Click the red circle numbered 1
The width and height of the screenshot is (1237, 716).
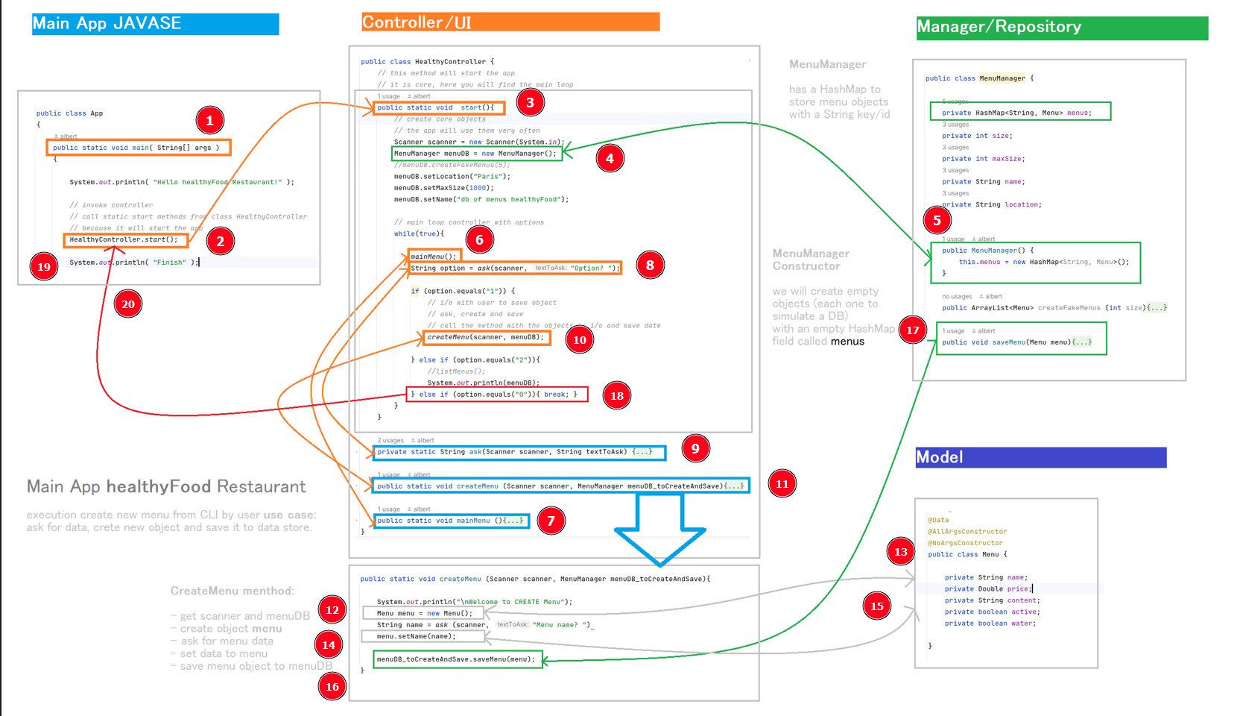tap(210, 120)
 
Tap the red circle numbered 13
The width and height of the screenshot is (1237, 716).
tap(901, 552)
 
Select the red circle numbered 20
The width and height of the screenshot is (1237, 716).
tap(128, 304)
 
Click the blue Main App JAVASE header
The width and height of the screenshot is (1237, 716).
tap(155, 24)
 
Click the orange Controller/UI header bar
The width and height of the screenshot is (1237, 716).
tap(510, 22)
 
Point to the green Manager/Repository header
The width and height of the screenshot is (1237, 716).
tap(1062, 28)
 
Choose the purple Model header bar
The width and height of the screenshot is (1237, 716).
tap(1040, 457)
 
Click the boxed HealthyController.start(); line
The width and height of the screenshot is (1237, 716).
tap(125, 239)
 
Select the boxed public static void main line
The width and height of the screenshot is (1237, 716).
tap(139, 148)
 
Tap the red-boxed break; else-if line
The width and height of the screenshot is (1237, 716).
tap(497, 395)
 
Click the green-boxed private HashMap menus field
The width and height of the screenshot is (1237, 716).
tap(1020, 112)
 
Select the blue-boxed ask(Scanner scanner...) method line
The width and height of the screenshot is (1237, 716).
tap(519, 452)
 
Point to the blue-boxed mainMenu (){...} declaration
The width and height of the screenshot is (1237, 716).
tap(452, 521)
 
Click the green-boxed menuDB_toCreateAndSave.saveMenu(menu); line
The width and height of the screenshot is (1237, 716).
tap(458, 659)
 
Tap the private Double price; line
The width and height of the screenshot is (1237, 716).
tap(987, 588)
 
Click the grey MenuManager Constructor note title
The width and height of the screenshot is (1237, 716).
tap(810, 260)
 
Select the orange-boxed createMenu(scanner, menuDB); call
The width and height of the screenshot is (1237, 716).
tap(487, 337)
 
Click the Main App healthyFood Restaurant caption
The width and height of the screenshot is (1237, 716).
tap(166, 487)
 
